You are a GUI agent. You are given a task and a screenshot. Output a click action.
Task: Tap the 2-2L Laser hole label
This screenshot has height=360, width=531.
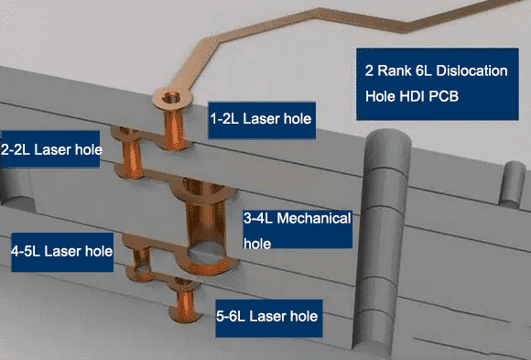coord(50,149)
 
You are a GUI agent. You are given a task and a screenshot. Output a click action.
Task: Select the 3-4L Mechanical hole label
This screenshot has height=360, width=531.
coord(298,230)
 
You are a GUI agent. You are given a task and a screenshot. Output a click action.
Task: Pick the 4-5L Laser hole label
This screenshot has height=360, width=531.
coord(62,252)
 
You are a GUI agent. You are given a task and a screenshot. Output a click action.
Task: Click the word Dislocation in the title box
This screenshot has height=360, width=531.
coord(471,71)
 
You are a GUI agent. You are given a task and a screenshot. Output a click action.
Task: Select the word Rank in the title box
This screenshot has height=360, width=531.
coord(395,71)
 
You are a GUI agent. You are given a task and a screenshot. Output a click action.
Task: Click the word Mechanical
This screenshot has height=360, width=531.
coord(314,218)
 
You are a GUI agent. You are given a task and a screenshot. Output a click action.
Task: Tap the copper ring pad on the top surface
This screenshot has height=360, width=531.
coord(172,98)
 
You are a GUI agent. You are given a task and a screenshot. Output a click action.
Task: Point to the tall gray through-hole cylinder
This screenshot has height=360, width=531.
coord(381,241)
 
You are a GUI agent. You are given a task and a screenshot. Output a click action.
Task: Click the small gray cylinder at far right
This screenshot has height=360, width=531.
coord(512,184)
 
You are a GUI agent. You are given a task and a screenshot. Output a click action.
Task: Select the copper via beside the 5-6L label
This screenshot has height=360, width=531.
coord(185,300)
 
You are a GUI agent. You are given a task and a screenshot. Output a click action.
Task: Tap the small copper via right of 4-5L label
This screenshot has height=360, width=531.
coord(142,261)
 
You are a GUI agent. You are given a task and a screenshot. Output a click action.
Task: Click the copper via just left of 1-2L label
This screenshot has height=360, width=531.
coord(174,129)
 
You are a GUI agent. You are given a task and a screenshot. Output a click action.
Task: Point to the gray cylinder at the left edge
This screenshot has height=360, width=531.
coord(16,187)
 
